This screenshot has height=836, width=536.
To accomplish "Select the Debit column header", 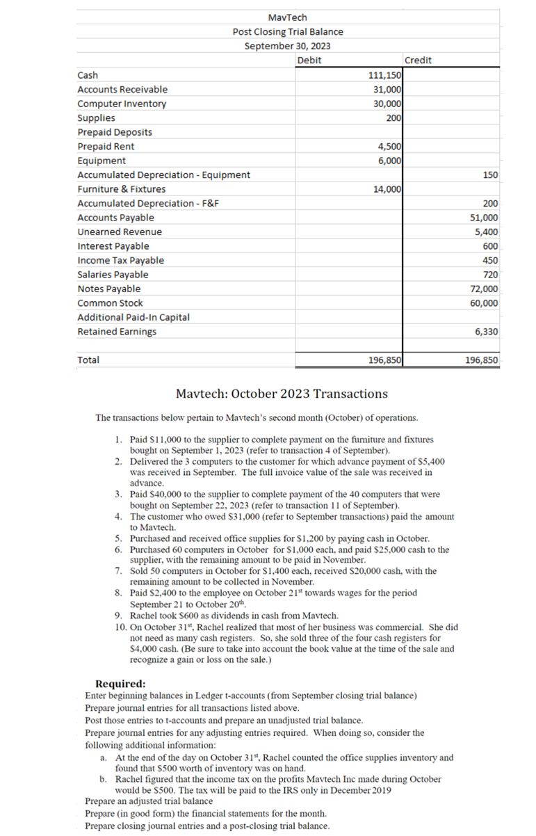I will point(309,61).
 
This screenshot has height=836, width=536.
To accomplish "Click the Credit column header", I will point(418,61).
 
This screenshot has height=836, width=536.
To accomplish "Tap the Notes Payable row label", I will point(108,289).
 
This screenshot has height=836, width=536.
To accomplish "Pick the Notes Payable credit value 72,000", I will point(484,289).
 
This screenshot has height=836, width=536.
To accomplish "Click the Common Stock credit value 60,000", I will point(484,303).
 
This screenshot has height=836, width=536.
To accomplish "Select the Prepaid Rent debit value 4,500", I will point(388,147).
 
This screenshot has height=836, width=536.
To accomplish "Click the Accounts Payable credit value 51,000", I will point(484,218).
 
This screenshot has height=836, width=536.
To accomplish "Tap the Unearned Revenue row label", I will point(119,232).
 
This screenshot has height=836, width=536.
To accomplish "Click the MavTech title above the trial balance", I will point(287,17).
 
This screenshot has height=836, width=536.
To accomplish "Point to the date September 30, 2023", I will point(287,46).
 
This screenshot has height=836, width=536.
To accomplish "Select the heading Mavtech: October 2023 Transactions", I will point(282,394).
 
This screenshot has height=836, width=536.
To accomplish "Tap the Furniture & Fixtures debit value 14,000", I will point(386,189).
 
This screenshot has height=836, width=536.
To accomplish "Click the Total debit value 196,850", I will point(383,360).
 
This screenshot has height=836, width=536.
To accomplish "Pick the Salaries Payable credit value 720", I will point(490,275).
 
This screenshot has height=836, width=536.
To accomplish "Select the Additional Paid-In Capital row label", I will point(133,317).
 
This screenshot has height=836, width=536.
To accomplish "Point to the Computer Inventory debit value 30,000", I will point(386,104).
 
